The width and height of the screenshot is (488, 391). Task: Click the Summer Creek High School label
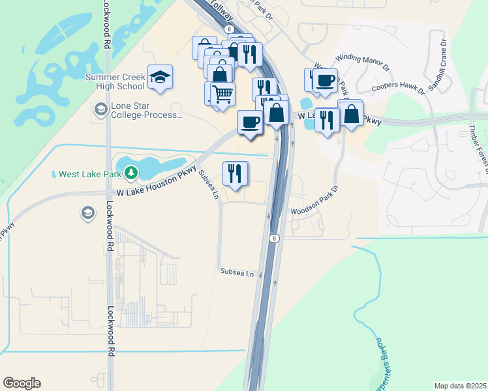[x=115, y=81]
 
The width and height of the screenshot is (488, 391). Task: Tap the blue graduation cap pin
[x=160, y=78]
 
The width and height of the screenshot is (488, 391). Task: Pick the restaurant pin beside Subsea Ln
[x=236, y=173]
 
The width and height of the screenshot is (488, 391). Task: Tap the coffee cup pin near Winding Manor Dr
[x=324, y=81]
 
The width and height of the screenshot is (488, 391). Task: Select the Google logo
[x=22, y=383]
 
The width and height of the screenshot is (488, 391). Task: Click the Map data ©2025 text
[x=460, y=386]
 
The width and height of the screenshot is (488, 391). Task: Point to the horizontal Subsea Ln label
[x=236, y=270]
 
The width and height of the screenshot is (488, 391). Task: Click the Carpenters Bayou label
[x=379, y=362]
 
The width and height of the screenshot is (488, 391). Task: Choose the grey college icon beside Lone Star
[x=101, y=109]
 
